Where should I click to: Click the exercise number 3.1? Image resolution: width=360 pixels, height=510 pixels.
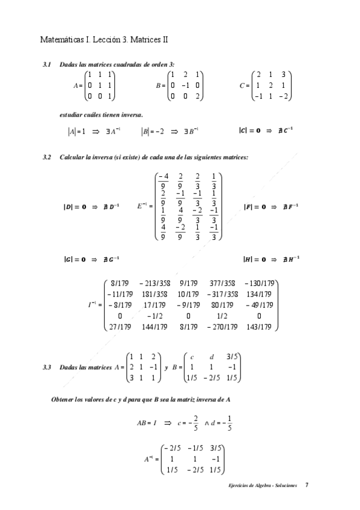point(47,64)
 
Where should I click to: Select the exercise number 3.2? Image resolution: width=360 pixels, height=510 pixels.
point(47,157)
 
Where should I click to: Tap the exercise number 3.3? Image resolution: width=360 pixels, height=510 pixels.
point(47,367)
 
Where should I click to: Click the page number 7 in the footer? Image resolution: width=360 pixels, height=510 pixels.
point(307,485)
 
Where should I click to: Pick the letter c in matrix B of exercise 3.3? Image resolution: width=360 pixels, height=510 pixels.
point(191,355)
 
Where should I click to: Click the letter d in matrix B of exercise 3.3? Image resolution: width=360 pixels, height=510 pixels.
point(212,355)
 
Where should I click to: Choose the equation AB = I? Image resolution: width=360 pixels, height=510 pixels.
point(147,423)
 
